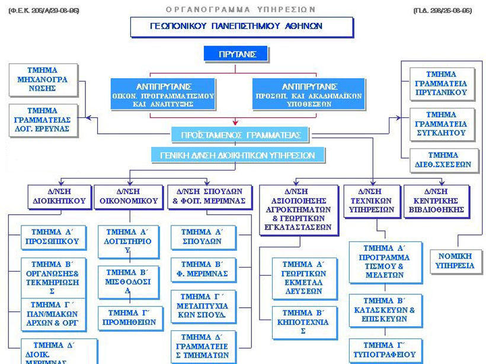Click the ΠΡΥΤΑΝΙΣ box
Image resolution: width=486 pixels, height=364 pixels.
coord(235,54)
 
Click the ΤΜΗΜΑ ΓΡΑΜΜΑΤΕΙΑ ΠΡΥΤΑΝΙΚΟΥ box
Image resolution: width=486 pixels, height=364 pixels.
coord(441,83)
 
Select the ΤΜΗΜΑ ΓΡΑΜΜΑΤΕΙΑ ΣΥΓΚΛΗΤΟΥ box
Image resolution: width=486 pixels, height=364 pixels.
coord(441,124)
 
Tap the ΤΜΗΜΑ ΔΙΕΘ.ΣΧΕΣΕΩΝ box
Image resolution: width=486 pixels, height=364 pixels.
coord(441,160)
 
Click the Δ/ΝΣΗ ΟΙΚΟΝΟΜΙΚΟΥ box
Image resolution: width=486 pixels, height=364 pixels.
coord(129,197)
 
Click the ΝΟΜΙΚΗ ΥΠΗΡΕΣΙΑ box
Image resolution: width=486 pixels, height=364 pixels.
coord(456,261)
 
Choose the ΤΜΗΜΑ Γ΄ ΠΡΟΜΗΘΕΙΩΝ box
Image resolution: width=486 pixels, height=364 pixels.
coord(128,317)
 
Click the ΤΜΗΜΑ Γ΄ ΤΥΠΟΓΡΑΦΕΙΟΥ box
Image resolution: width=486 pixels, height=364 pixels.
coord(385,349)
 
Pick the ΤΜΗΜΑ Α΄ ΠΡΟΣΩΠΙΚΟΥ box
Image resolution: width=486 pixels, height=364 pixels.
coord(53,237)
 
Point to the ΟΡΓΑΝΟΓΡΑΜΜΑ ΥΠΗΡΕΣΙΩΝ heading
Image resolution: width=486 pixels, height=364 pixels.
coord(241,9)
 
